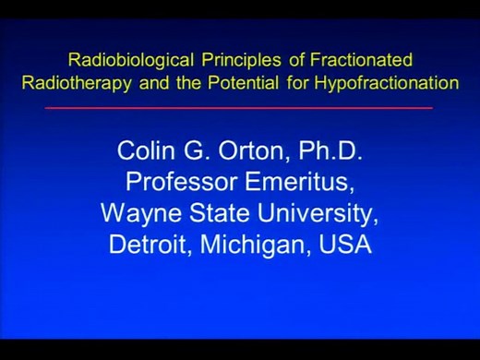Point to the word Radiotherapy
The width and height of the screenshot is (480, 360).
pyautogui.click(x=71, y=82)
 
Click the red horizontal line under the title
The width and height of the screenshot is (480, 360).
pyautogui.click(x=239, y=109)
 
